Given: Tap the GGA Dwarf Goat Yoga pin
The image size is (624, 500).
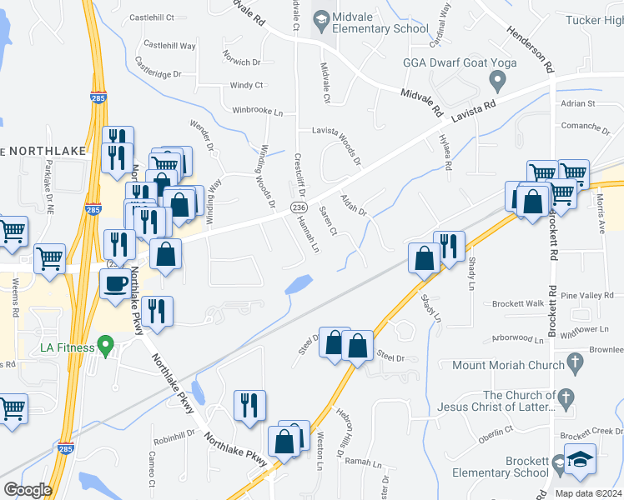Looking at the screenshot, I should pos(499,81).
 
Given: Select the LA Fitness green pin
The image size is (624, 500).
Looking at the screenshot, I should pos(105,343).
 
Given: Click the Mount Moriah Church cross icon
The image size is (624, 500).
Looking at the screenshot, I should pos(574,362).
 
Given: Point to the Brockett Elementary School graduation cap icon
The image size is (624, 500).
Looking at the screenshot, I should pos(579,461).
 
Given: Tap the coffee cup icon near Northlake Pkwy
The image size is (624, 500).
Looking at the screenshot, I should pos(115,283).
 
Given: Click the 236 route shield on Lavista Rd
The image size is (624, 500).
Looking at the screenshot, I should pos(298,207).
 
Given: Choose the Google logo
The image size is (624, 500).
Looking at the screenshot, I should pos(28,489).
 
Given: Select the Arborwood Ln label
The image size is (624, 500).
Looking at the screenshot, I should pos(517,338).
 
